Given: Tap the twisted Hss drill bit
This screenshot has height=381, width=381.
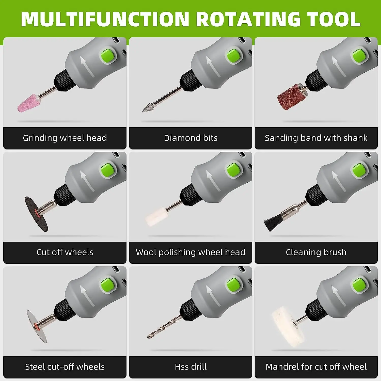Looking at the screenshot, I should click(x=163, y=328).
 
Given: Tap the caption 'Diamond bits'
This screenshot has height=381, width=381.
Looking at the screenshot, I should click(x=190, y=138).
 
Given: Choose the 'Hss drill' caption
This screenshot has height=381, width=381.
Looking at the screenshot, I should click(x=190, y=367).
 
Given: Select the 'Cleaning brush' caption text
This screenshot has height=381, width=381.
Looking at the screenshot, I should click(x=316, y=252).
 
